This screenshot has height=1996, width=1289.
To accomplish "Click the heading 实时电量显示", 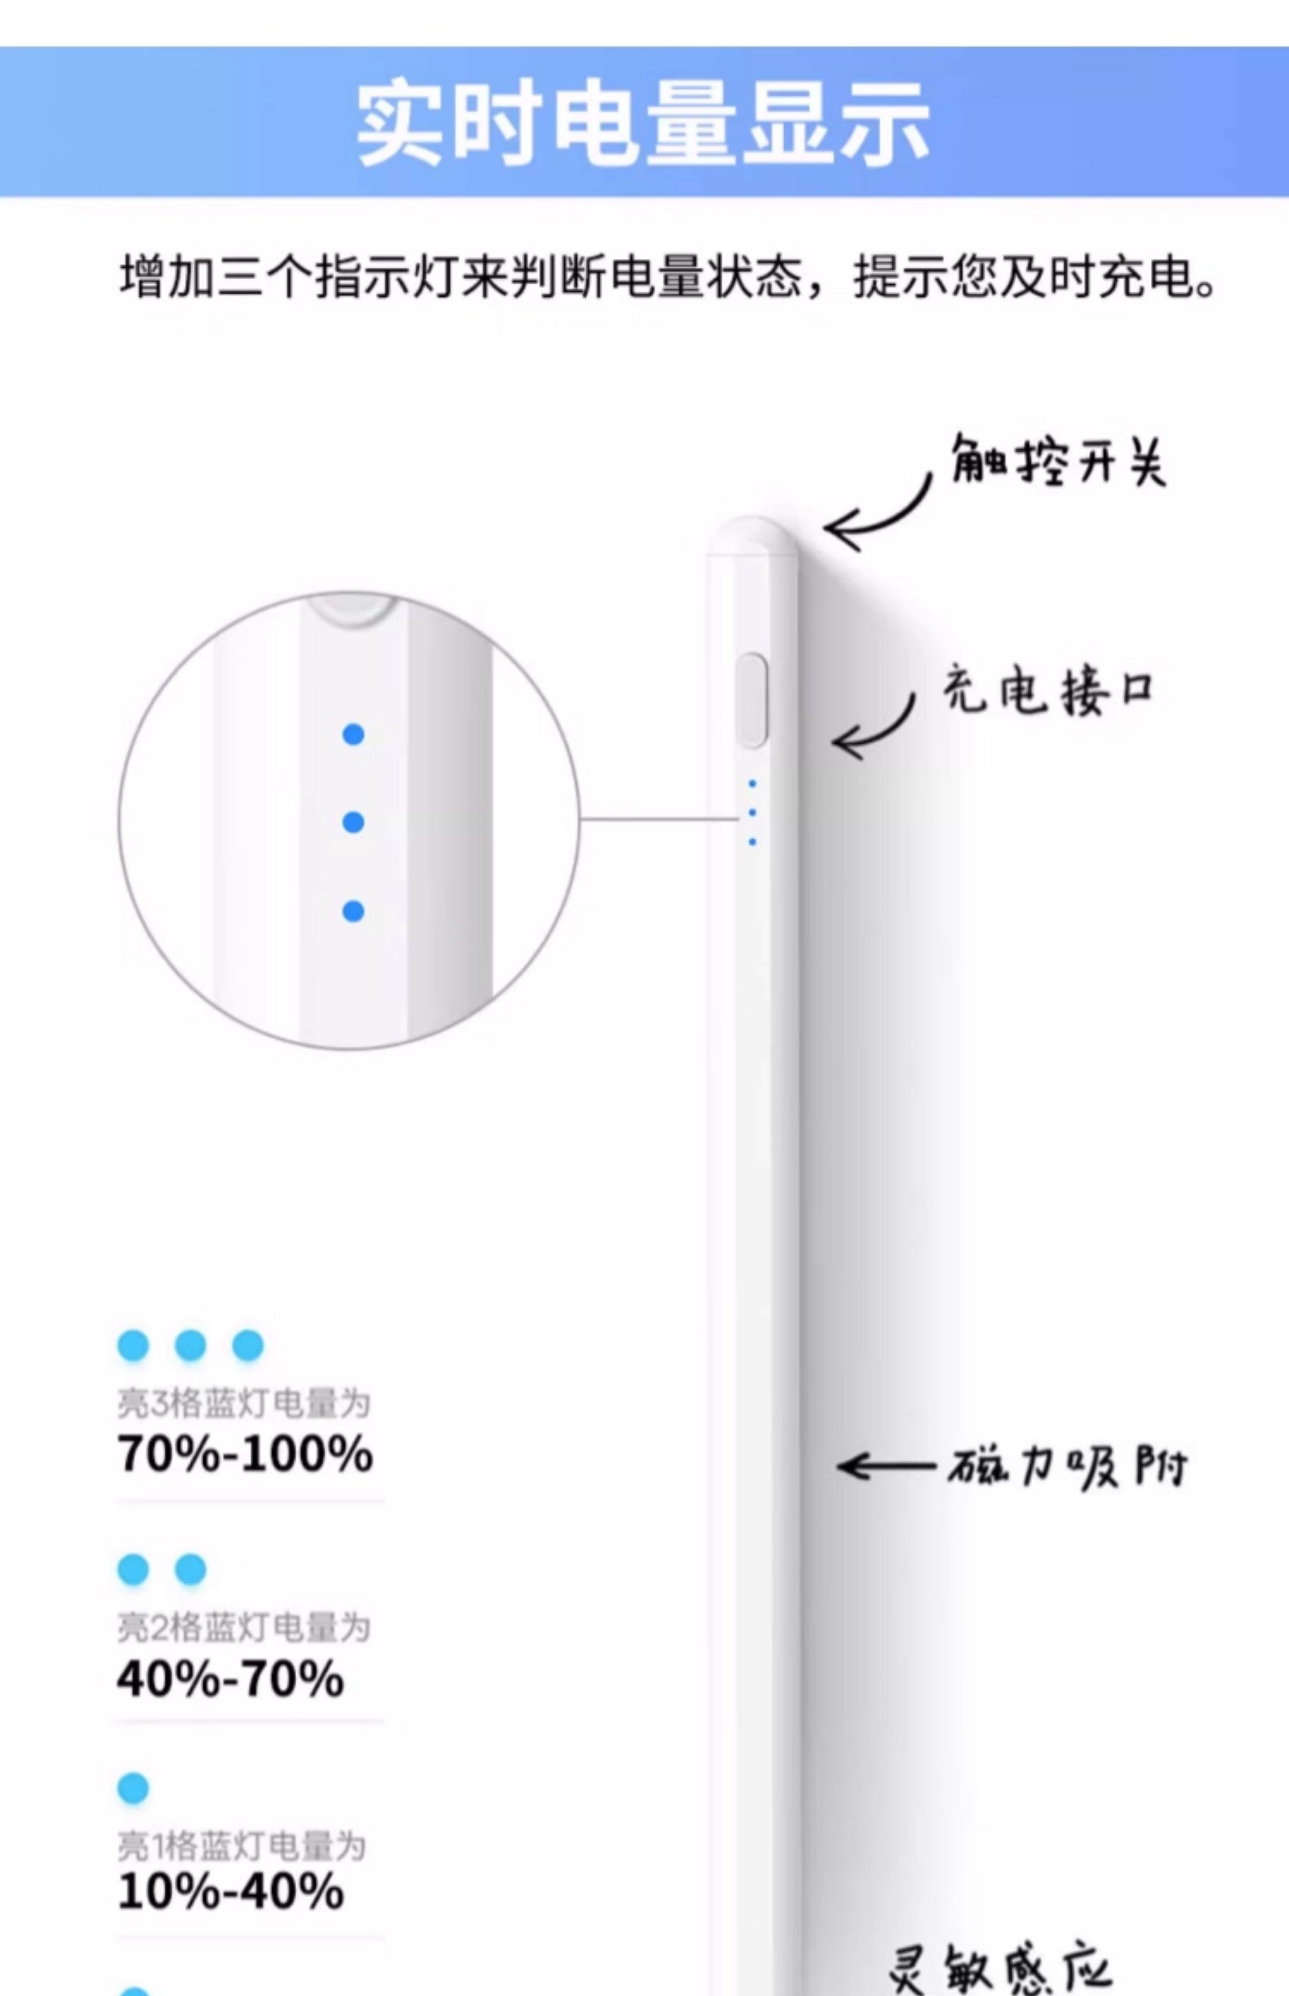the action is click(x=643, y=124).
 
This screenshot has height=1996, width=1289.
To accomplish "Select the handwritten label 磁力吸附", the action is click(x=1067, y=1466).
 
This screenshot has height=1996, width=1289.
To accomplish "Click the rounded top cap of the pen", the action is click(x=752, y=535).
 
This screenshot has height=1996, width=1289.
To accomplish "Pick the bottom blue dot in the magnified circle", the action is click(x=353, y=911).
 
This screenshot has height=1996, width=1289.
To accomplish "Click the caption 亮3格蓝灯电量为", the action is click(x=243, y=1403).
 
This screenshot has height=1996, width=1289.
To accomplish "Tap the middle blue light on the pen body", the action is click(x=753, y=812).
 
